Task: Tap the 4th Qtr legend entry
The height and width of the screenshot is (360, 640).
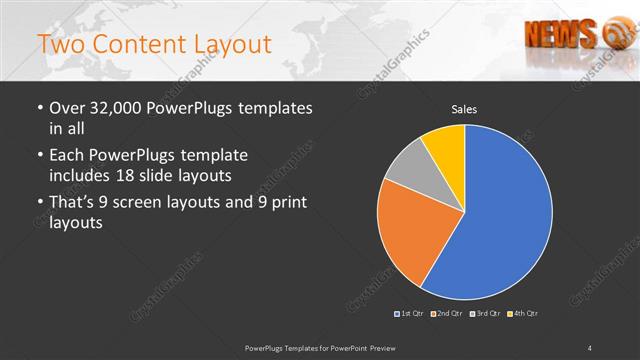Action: [523, 314]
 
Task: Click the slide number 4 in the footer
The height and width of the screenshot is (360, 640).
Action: [590, 348]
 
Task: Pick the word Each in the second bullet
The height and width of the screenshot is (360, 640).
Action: [67, 155]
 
